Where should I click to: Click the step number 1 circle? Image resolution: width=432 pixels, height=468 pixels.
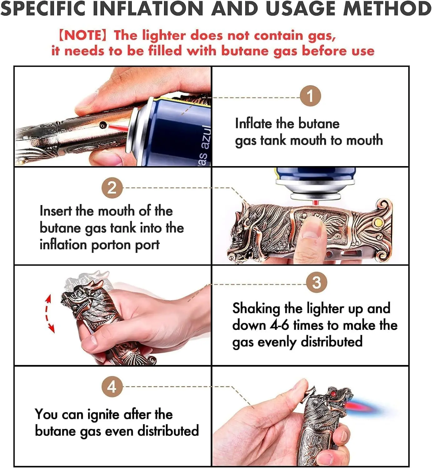[x=310, y=96]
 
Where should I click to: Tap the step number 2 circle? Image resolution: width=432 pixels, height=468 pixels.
[x=112, y=188]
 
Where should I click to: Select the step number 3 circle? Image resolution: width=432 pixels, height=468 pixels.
[x=316, y=282]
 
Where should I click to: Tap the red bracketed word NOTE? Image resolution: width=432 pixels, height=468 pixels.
[x=83, y=36]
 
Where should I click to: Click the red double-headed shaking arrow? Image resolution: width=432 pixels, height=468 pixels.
[x=49, y=313]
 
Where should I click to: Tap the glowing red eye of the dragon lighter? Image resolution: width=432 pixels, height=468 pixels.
[x=333, y=393]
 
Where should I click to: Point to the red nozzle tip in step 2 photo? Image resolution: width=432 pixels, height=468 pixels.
[x=315, y=203]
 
